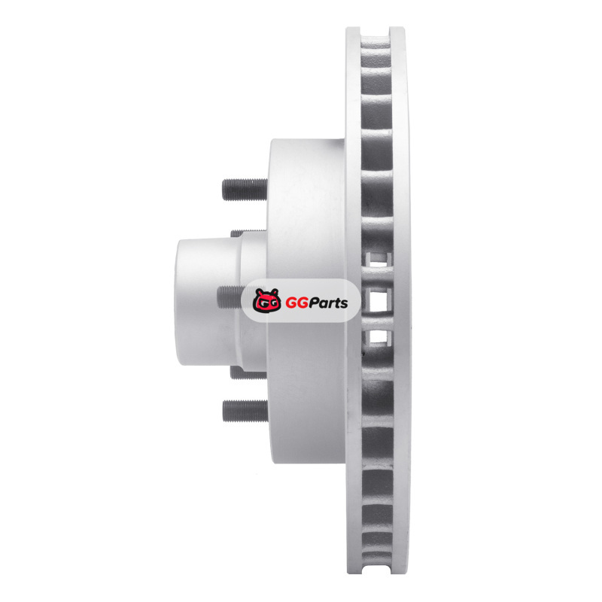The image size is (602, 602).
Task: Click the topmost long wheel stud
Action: point(245,190)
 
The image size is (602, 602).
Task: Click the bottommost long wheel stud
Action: point(245,411)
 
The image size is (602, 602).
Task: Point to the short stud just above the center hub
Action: point(248,233)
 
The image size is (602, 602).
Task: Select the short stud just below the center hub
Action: point(248,373)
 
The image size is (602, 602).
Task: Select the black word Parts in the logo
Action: point(328,303)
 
